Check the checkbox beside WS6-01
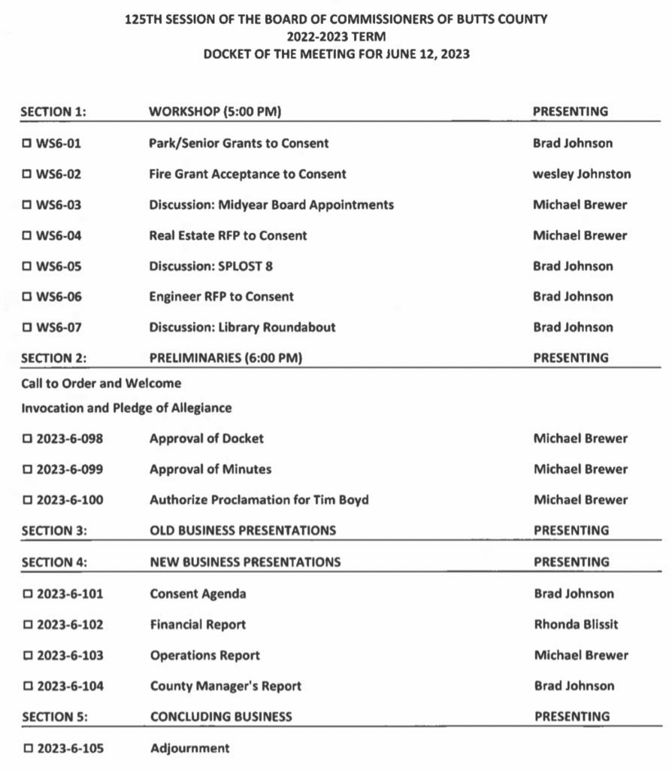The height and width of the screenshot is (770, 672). coord(27,143)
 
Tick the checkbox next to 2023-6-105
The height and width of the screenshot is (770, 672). coord(28,748)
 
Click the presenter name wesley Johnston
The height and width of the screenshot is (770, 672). coord(581,174)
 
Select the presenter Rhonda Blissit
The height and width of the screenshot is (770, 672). coord(576,624)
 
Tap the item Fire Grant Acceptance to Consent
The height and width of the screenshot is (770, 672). coord(247,174)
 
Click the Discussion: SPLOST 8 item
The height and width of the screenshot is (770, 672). coord(210,266)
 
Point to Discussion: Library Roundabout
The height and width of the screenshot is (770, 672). coord(242,327)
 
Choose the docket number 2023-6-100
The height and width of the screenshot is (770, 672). coord(70,500)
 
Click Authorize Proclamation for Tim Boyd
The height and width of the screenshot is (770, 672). coord(259,500)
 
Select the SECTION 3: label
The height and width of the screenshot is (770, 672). coord(54,531)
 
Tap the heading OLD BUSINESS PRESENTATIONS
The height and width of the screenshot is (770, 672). coord(242,531)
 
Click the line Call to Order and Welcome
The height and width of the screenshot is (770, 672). coord(101,383)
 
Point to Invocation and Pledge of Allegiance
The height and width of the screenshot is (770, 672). coord(126,408)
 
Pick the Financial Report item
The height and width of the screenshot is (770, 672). coord(198,624)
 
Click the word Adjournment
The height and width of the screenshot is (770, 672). coord(189,748)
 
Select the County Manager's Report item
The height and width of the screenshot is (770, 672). coord(226,686)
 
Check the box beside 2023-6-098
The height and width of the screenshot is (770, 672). coord(28,438)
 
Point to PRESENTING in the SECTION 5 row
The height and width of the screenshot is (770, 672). coord(572,717)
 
